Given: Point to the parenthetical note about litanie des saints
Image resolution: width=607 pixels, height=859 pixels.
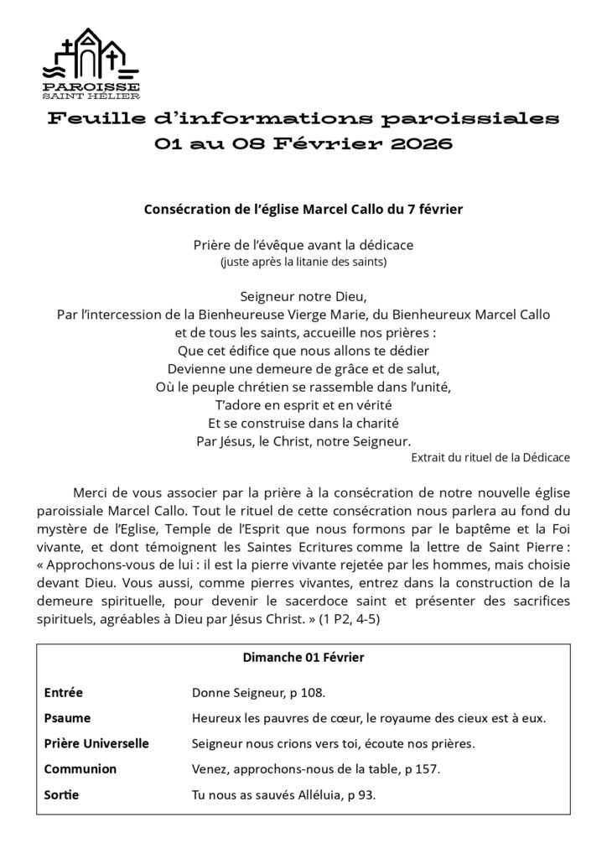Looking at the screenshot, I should (x=303, y=261).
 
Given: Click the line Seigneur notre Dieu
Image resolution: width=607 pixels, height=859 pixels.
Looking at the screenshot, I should (x=303, y=297).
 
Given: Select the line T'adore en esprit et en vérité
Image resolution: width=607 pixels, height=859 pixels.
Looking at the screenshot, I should (x=303, y=403).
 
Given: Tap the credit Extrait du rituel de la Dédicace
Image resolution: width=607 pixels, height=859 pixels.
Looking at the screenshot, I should (x=490, y=457).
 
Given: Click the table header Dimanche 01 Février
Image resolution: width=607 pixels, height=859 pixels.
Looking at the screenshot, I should (x=303, y=659).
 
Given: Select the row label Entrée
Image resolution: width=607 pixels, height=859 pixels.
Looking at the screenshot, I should (x=63, y=693).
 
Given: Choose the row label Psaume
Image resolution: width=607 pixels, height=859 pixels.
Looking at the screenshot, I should (x=67, y=718).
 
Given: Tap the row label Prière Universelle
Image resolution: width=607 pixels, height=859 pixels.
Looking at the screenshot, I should (x=96, y=743).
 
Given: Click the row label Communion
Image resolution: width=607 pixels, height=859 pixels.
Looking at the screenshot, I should (x=80, y=768).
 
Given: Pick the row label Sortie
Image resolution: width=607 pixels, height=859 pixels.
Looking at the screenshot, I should (x=61, y=794).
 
